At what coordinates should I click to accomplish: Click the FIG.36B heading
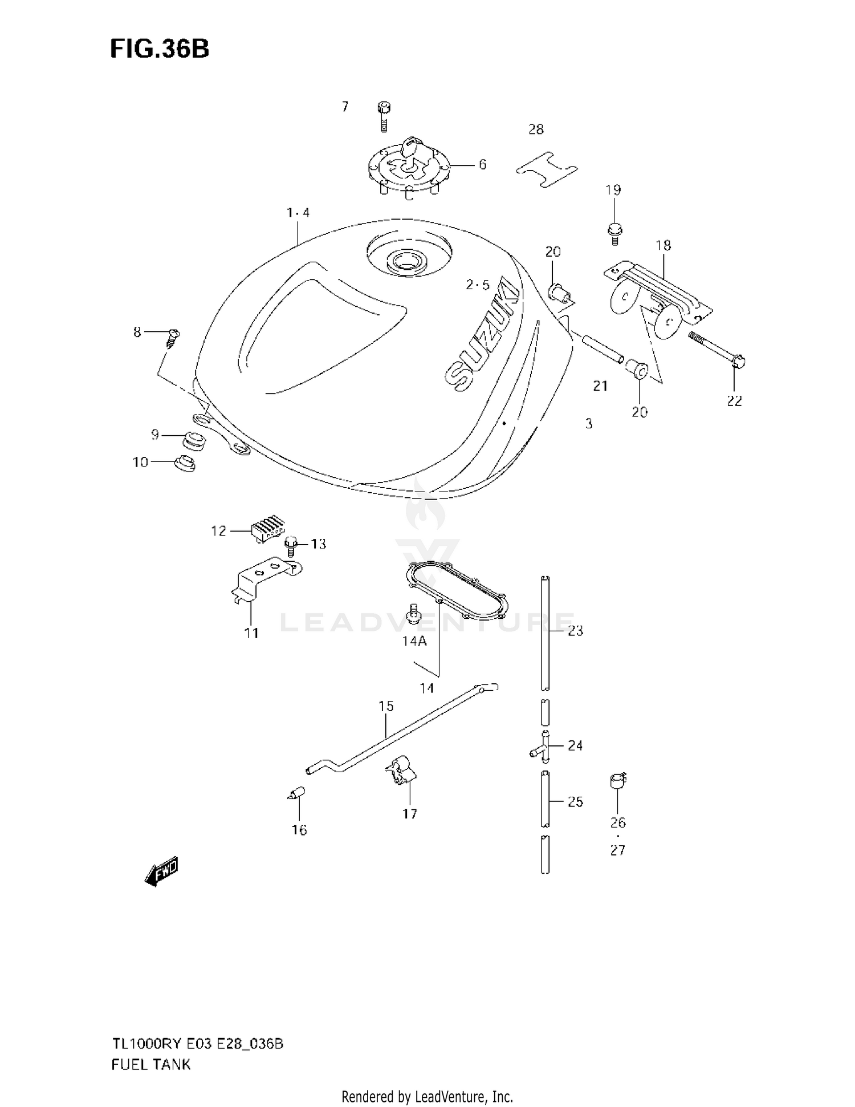pos(159,50)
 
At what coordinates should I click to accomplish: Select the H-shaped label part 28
pos(547,169)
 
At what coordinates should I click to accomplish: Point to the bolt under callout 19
pos(614,233)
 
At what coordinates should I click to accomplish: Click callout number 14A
pos(414,641)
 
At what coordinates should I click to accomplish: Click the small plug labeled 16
pos(297,793)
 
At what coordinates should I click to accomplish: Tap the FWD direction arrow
pos(162,871)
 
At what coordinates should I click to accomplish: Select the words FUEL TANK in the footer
pos(151,1064)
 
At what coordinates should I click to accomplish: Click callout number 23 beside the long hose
pos(575,630)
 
